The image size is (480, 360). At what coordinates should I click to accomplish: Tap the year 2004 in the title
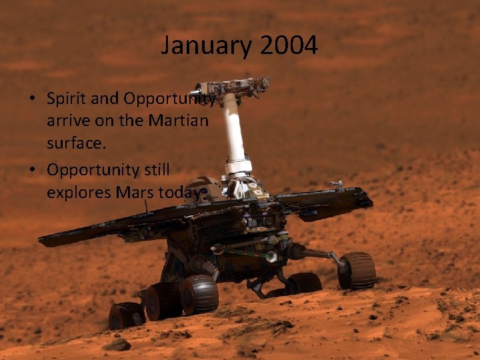tap(289, 46)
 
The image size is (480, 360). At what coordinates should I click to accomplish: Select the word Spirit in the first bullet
tap(64, 99)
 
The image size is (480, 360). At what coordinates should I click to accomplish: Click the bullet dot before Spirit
tap(33, 99)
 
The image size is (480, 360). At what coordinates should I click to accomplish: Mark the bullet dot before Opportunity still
tap(33, 170)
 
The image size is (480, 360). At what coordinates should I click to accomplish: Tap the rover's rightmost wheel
tap(357, 270)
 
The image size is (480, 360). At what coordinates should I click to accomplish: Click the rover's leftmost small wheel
tap(125, 315)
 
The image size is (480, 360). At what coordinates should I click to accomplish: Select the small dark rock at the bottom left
tap(119, 345)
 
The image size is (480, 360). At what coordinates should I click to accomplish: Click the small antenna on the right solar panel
tap(338, 183)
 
